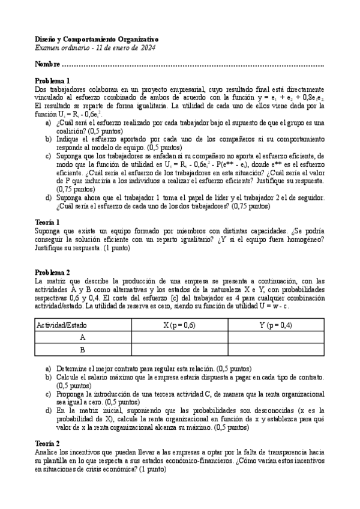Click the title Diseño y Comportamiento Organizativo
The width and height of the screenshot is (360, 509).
[99, 38]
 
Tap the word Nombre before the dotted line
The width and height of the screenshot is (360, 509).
[47, 64]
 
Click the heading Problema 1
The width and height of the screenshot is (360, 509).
[52, 80]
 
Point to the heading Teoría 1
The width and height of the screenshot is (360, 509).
[47, 222]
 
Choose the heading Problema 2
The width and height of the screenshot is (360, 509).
[52, 272]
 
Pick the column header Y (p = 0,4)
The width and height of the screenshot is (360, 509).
[276, 325]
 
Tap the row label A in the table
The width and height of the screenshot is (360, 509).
[82, 337]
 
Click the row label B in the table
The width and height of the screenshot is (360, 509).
[82, 350]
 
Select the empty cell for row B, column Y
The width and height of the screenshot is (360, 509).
[276, 350]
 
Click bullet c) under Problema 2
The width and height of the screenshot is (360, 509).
[48, 394]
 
